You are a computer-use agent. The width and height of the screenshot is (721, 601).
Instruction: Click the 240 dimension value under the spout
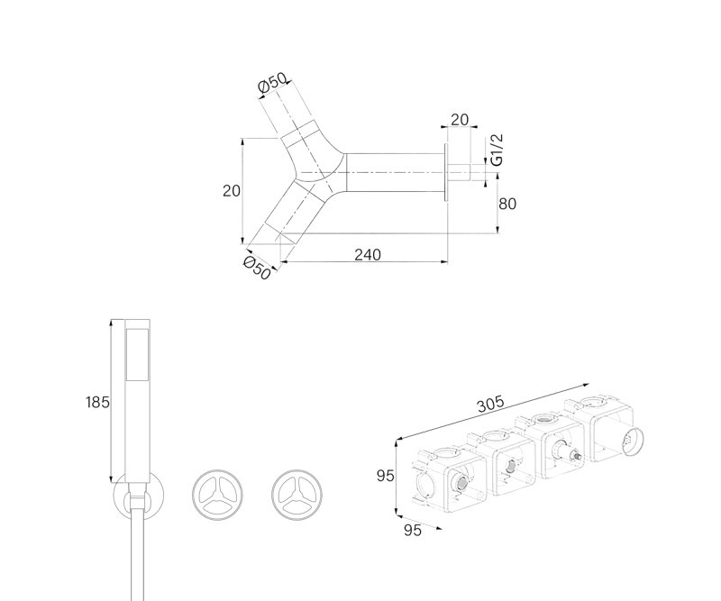click(368, 254)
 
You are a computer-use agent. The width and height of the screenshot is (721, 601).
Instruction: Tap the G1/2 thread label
click(497, 150)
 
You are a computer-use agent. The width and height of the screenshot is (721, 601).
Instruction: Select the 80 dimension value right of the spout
click(507, 204)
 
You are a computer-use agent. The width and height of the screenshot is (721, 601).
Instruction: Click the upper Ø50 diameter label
click(272, 83)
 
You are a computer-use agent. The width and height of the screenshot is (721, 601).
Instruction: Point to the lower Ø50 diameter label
click(257, 268)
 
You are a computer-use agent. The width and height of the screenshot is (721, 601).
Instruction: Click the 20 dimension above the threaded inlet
click(460, 120)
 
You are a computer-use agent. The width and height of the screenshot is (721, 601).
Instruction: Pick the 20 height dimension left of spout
click(232, 190)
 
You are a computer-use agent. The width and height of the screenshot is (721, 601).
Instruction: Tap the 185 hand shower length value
click(97, 403)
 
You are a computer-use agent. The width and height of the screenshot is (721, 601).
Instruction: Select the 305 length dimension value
click(490, 405)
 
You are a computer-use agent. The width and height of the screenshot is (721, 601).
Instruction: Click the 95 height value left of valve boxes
click(386, 476)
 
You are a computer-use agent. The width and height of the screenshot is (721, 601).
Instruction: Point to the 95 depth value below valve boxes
click(413, 530)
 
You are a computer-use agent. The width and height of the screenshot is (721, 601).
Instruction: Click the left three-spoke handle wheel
click(217, 495)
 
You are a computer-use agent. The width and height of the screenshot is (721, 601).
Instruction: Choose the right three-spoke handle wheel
click(297, 495)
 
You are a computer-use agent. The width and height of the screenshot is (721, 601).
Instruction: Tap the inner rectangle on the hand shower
click(137, 354)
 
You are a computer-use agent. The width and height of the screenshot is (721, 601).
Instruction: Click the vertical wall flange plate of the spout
click(445, 172)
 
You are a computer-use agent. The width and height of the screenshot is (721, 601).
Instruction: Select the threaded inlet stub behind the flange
click(459, 172)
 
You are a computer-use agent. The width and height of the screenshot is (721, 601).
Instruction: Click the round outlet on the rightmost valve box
click(633, 441)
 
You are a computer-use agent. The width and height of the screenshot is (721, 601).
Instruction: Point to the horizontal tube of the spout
click(395, 172)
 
